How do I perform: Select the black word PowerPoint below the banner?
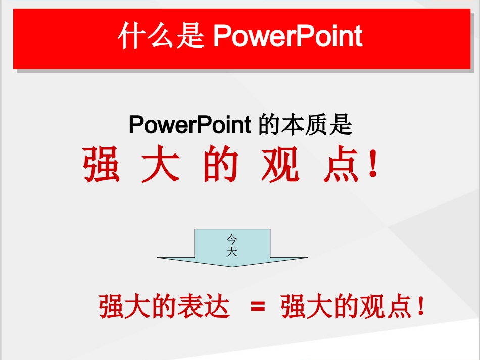click(x=190, y=124)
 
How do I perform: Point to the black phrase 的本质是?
click(x=305, y=124)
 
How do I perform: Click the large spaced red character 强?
click(x=102, y=165)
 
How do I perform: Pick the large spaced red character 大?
click(x=161, y=165)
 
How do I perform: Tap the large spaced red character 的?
click(x=221, y=165)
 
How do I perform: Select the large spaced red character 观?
click(x=280, y=165)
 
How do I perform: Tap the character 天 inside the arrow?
click(x=232, y=251)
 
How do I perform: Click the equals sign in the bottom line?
click(x=258, y=306)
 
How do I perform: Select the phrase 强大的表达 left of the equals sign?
click(x=165, y=306)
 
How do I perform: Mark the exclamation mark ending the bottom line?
click(x=420, y=307)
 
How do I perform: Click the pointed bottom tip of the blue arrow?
click(x=232, y=266)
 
